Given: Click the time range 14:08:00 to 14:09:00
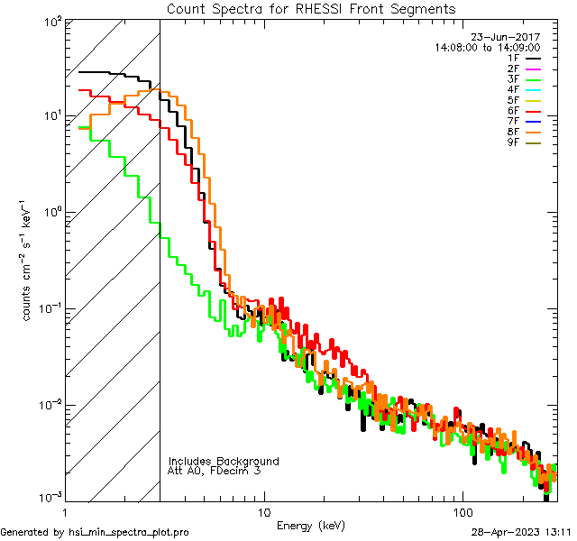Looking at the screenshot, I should coord(487,47).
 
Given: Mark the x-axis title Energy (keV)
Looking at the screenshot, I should coord(310,525).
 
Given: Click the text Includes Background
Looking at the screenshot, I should coord(224,461).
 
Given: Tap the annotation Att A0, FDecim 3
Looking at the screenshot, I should coord(215,471).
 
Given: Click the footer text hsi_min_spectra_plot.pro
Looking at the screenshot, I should coord(129,533).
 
